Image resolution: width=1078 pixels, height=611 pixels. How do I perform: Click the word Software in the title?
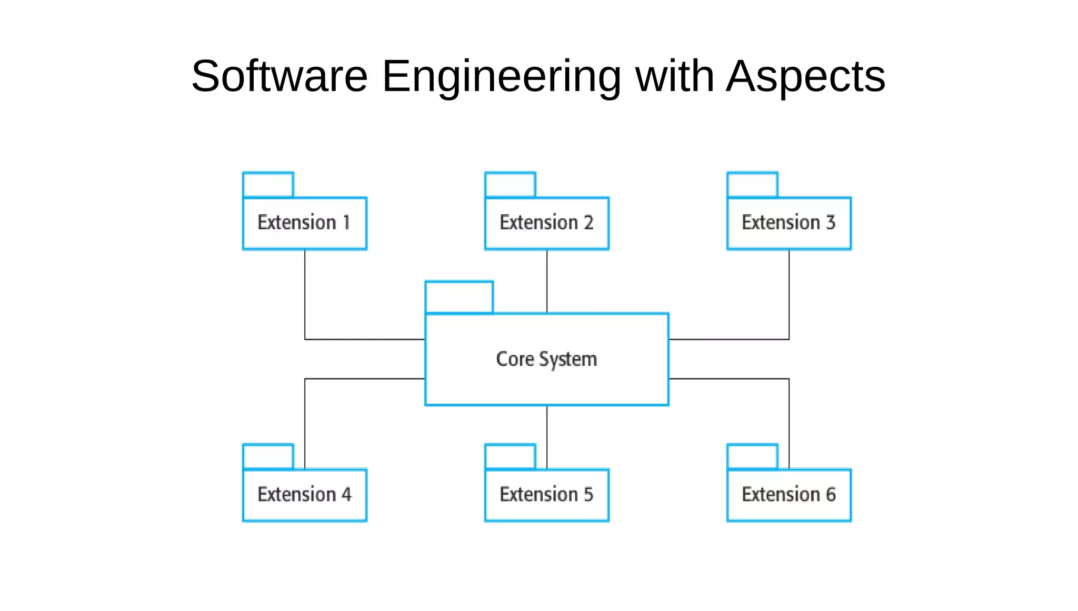click(x=279, y=76)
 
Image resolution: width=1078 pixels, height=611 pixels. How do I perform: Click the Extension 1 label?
click(x=304, y=223)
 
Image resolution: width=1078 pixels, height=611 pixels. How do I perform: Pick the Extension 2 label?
click(x=546, y=223)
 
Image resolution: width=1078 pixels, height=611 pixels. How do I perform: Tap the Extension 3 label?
click(x=788, y=223)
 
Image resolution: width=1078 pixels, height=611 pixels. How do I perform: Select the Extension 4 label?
click(x=304, y=495)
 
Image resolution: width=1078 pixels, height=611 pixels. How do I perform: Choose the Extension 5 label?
click(x=546, y=495)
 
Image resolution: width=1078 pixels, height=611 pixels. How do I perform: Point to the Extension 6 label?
click(x=788, y=495)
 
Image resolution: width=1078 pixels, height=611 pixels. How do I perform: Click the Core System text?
click(x=546, y=359)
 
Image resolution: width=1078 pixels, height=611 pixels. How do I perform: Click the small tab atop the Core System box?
click(x=459, y=297)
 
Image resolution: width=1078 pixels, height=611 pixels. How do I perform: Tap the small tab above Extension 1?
click(x=268, y=185)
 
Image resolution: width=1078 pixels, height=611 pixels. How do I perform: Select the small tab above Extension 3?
click(x=752, y=185)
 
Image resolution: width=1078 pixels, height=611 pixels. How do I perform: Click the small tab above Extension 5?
click(x=510, y=456)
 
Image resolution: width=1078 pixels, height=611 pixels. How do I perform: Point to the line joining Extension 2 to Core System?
click(x=547, y=282)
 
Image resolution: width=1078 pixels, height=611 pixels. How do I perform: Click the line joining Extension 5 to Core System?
click(x=547, y=437)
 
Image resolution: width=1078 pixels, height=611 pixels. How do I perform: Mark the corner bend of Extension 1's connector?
click(x=305, y=339)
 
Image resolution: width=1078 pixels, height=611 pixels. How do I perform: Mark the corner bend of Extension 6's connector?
click(x=789, y=379)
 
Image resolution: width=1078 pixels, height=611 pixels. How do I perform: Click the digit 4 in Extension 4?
click(x=346, y=495)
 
